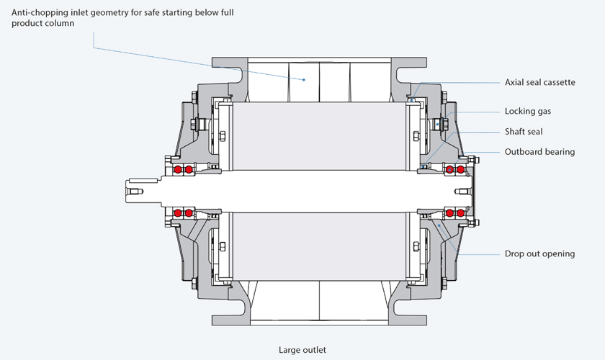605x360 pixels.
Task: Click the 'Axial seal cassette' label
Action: (x=539, y=82)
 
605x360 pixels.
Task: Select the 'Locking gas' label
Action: (x=528, y=111)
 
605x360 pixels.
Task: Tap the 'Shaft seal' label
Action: (x=524, y=132)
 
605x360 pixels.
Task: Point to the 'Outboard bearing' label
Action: (x=539, y=152)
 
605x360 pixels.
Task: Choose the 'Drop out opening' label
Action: (x=539, y=253)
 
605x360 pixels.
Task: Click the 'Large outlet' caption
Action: (x=302, y=350)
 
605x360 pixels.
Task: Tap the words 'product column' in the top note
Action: (x=42, y=23)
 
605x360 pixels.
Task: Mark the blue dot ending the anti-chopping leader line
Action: (x=304, y=80)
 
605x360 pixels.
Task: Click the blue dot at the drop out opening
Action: (x=439, y=225)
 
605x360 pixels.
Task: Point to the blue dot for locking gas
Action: (x=437, y=125)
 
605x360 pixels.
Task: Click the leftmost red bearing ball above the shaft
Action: (x=178, y=169)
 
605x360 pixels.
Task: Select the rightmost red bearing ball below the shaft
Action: (x=460, y=213)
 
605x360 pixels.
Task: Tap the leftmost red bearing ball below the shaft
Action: (x=178, y=213)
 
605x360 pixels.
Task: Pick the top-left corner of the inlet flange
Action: (x=212, y=58)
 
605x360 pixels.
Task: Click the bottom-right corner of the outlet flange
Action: (x=426, y=325)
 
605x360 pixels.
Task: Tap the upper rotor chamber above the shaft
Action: (x=320, y=136)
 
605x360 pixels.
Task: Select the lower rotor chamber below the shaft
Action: (x=320, y=246)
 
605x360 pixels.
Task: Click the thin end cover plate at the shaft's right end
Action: (x=474, y=191)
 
